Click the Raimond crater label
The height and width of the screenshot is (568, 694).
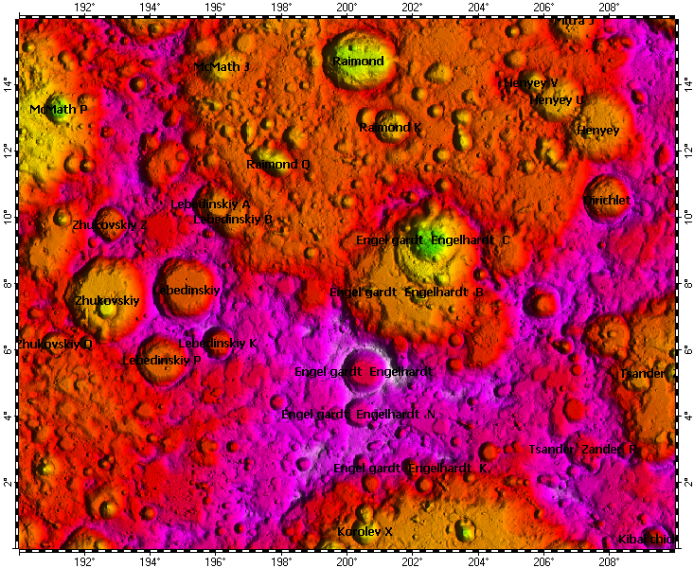[x=358, y=62]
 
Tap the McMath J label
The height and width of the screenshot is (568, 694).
[x=222, y=67]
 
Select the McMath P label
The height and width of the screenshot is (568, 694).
[x=59, y=110]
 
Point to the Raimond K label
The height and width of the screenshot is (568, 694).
[x=390, y=127]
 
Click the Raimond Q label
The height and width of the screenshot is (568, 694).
[x=278, y=165]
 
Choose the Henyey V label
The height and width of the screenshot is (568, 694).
[x=531, y=83]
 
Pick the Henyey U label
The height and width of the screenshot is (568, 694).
[x=557, y=99]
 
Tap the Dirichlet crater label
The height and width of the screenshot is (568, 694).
[x=607, y=201]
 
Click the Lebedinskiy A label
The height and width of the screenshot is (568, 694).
[x=210, y=204]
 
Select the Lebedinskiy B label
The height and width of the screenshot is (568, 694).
[x=233, y=219]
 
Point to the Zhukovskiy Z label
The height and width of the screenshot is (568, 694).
[x=109, y=225]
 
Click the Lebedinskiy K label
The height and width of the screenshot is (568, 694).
[x=218, y=343]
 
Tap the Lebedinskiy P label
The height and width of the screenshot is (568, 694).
[x=162, y=361]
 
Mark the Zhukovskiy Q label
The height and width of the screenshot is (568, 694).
[x=55, y=344]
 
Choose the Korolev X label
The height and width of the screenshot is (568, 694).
[x=365, y=532]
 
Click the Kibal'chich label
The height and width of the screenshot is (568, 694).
[x=646, y=540]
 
